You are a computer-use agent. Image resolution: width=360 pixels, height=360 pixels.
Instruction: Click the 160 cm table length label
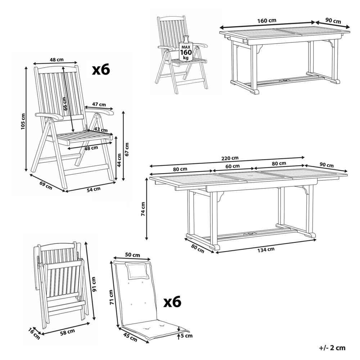(x=267, y=21)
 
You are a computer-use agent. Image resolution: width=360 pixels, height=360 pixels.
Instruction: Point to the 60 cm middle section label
(x=233, y=166)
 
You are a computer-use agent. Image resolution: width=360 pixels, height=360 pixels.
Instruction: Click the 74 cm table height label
(x=143, y=209)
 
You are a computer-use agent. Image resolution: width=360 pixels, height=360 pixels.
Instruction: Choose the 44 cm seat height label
(x=119, y=159)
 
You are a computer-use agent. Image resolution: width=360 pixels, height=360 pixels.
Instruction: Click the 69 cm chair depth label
(x=46, y=185)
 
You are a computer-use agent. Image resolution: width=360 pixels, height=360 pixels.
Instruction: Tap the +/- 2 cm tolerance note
(x=332, y=347)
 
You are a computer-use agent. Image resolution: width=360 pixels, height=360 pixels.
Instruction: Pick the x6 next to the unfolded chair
(x=101, y=69)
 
